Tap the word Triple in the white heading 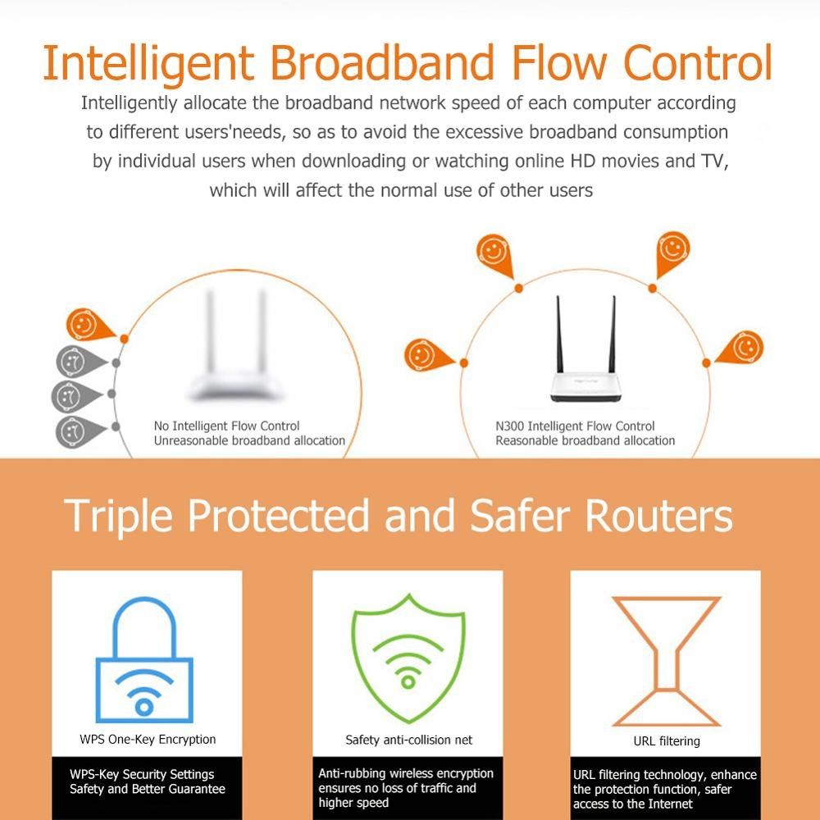120,515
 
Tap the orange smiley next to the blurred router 84,326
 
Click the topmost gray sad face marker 71,362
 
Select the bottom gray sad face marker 71,430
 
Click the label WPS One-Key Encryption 148,739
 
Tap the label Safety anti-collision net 408,740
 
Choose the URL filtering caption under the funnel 667,741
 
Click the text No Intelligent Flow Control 227,426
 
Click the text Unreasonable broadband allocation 249,440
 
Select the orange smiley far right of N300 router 743,348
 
